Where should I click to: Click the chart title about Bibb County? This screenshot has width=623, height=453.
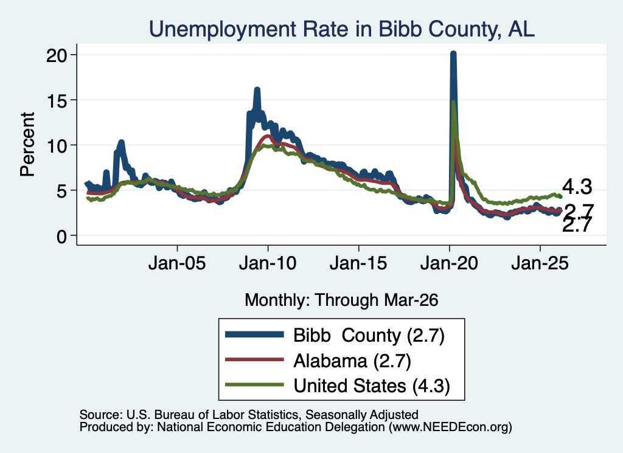(342, 29)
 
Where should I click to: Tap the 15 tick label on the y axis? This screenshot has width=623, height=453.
(56, 100)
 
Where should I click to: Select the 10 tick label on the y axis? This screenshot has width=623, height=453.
(56, 145)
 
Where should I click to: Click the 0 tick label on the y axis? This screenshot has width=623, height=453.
(61, 236)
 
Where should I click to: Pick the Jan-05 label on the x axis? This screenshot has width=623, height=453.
(177, 263)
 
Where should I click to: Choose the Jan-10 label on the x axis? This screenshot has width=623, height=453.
(268, 263)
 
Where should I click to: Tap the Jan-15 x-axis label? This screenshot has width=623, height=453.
(358, 263)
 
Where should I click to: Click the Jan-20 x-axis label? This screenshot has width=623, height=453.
(449, 263)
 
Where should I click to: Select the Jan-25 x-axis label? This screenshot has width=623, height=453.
(540, 263)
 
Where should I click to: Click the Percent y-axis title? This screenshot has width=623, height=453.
(27, 145)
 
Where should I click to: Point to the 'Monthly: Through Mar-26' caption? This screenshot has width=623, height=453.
(341, 300)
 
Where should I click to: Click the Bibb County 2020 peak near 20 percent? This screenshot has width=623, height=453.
(453, 53)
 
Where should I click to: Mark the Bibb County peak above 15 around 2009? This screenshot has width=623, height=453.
(257, 90)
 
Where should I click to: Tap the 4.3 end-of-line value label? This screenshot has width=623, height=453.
(577, 187)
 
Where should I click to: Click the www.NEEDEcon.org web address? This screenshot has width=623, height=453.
(450, 427)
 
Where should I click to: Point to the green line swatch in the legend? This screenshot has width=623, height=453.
(254, 385)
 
